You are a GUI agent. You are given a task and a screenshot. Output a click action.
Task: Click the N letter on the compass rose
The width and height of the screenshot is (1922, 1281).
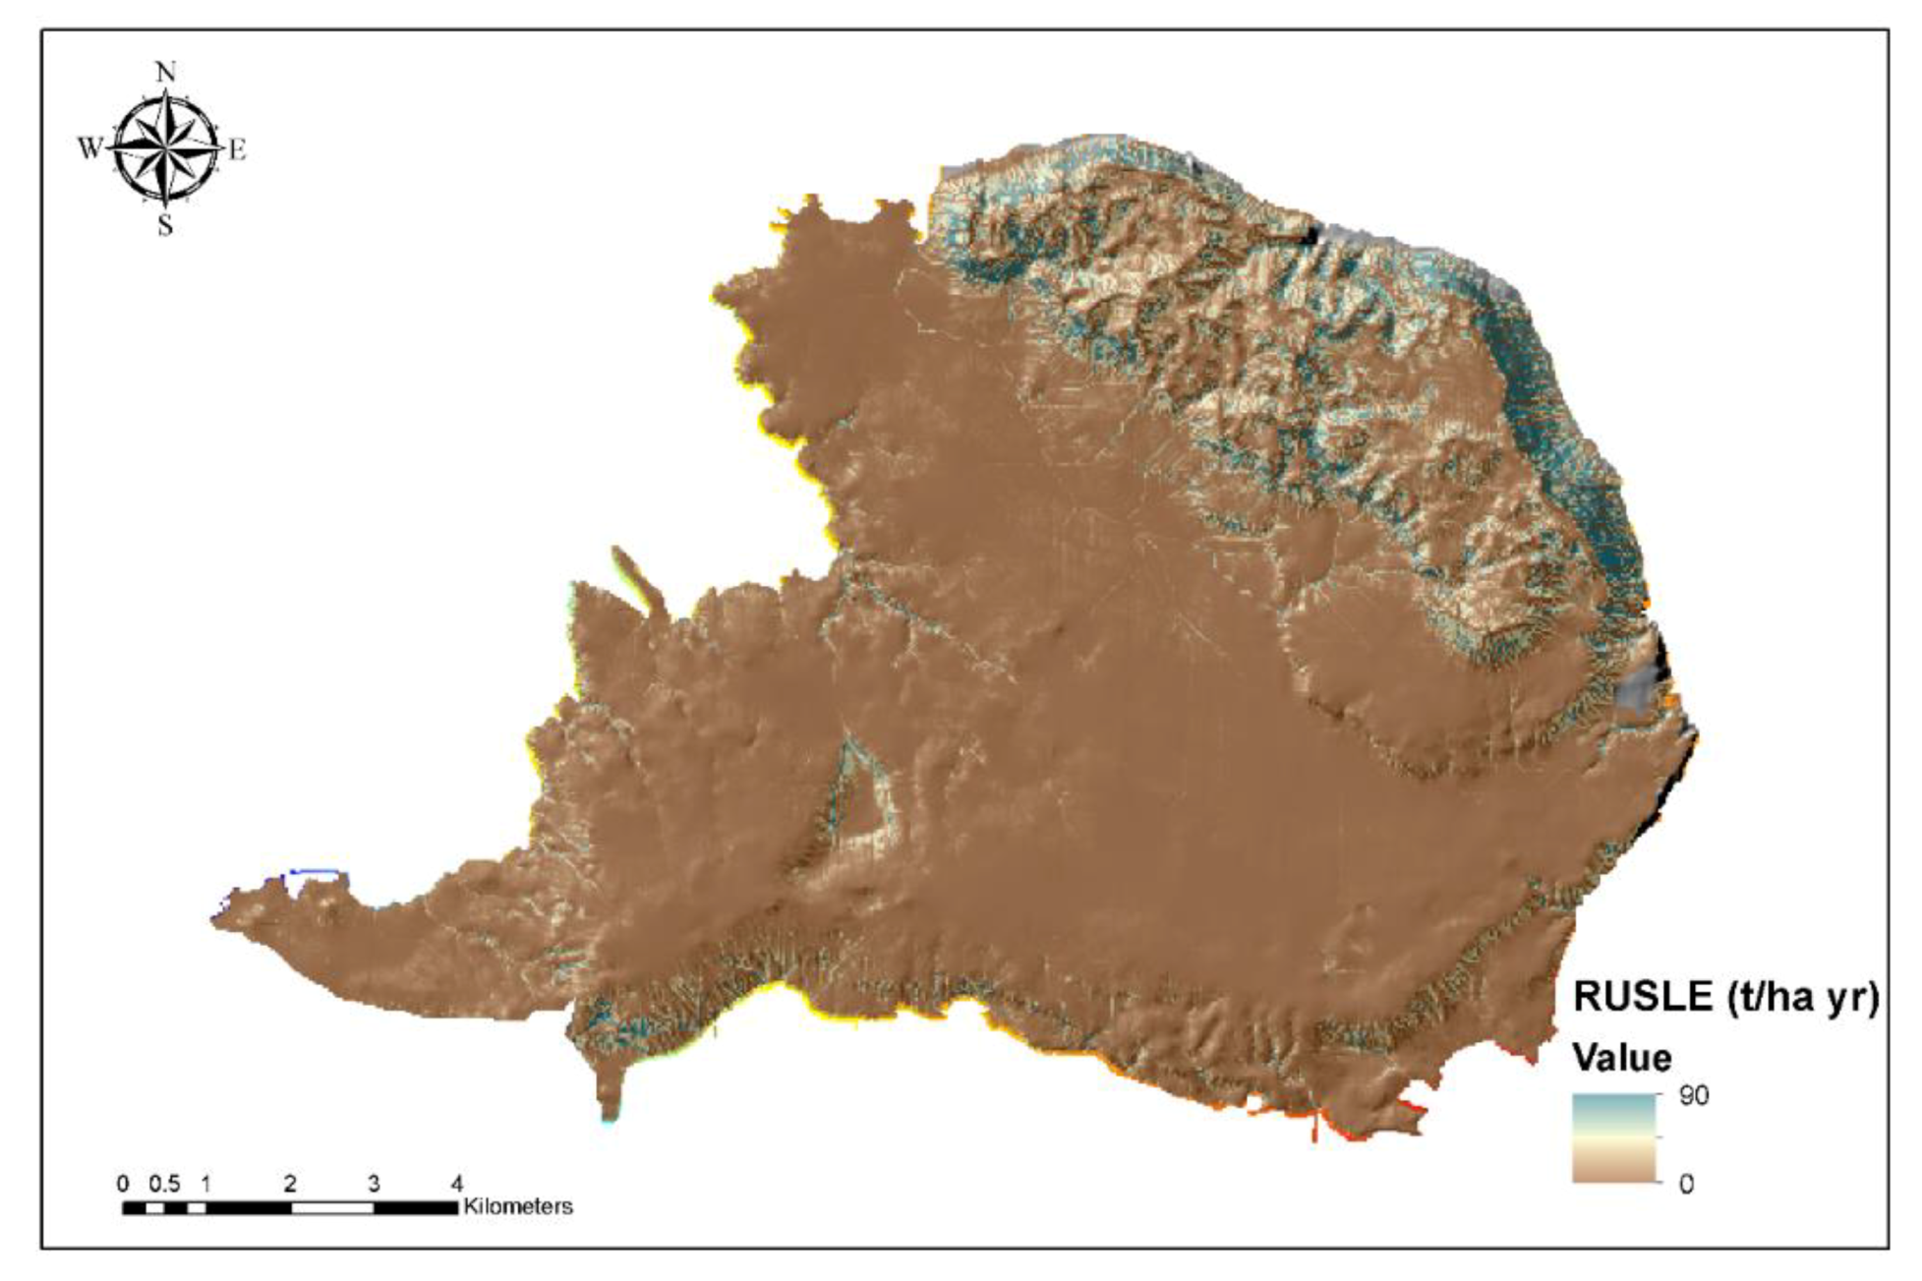pos(165,72)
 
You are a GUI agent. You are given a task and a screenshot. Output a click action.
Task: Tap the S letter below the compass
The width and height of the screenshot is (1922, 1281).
pos(165,226)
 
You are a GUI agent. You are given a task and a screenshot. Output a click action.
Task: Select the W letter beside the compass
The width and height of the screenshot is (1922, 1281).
pos(89,148)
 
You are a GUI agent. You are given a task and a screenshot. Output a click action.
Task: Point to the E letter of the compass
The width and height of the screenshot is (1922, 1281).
pos(237,150)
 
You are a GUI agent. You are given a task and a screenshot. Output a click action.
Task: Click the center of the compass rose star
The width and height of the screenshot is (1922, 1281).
pos(165,149)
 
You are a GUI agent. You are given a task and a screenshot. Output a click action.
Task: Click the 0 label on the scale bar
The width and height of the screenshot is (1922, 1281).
pos(123,1183)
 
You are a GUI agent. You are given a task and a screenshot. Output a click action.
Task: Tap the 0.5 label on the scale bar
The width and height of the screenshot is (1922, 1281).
pos(164,1183)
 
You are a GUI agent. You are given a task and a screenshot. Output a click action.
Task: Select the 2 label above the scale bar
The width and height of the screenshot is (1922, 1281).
pos(290,1183)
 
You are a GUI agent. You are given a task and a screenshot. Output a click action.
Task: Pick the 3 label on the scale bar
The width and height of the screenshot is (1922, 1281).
pos(374,1183)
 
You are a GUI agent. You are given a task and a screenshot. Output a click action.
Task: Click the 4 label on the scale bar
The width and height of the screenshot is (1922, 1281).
pos(457,1183)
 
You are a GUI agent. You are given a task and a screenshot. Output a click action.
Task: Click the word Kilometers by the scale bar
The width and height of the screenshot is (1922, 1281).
pos(518,1206)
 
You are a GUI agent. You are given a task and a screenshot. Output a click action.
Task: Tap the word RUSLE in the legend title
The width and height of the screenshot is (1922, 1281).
pos(1643,997)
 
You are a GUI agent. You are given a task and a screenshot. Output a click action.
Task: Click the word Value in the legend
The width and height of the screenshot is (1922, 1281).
pos(1621,1058)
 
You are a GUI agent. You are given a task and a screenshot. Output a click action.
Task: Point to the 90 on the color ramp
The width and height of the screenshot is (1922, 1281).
pos(1694,1095)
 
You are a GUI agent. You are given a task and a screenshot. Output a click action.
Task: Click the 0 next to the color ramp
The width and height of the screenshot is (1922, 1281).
pos(1687,1184)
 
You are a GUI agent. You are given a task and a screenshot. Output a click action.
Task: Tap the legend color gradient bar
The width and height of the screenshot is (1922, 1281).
pos(1615,1137)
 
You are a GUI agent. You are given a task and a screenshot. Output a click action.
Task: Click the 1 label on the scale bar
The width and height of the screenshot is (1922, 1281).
pos(205,1183)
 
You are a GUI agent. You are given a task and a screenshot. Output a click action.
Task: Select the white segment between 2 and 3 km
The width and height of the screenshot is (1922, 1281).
pos(332,1207)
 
